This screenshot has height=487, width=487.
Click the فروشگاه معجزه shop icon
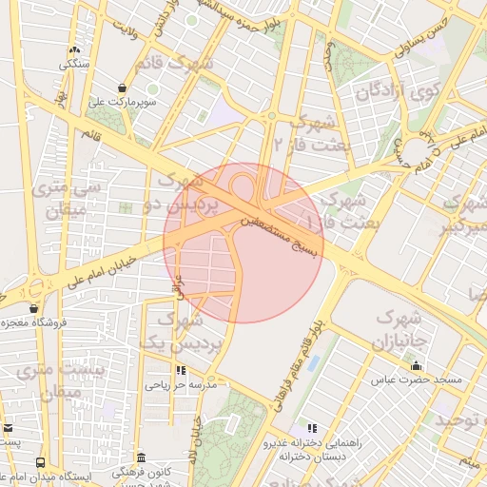(34, 308)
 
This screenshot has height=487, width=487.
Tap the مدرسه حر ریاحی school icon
(180, 371)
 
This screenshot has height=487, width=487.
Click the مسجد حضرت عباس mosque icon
(415, 365)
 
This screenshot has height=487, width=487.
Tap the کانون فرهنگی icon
(141, 458)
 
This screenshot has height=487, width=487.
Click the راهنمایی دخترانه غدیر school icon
(310, 428)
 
